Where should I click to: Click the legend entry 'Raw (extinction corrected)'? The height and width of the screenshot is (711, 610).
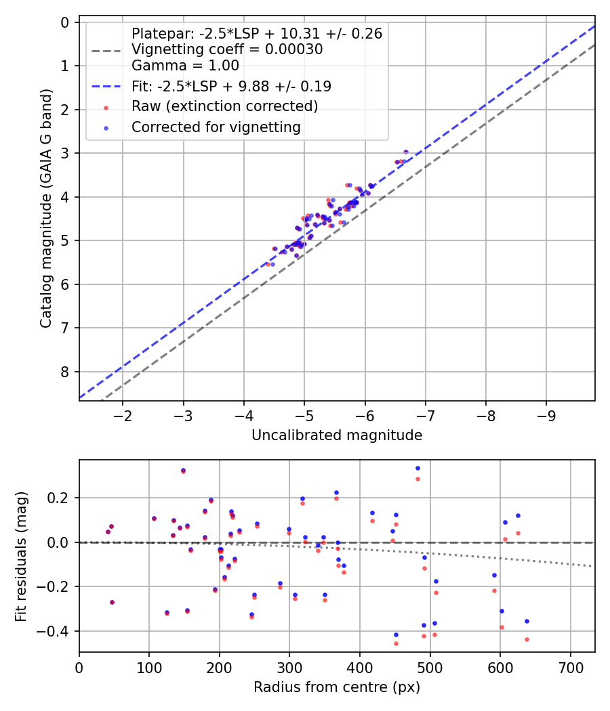coord(224,106)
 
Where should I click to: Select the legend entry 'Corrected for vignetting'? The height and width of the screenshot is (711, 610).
coord(216,127)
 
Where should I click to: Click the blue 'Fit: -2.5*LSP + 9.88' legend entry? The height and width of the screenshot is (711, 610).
coord(231,86)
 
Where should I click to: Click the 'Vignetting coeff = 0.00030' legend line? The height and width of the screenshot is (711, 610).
coord(226,49)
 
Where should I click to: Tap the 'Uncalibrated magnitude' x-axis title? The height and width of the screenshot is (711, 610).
coord(337,435)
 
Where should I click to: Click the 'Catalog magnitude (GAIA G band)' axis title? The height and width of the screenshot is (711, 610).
coord(46,211)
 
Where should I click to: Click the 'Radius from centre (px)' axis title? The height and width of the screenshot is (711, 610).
coord(337,687)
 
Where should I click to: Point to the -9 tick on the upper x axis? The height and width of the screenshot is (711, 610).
coord(546,414)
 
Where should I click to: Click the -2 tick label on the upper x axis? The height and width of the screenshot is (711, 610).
coord(123,414)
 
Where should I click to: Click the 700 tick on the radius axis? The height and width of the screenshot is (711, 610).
coord(570,666)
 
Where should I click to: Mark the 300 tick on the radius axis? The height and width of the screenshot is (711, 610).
coord(289,666)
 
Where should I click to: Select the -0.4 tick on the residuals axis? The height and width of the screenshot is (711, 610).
coord(57,631)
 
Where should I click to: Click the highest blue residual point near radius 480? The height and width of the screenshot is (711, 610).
coord(418,468)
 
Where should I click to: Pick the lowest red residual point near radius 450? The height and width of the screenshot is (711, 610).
coord(396,643)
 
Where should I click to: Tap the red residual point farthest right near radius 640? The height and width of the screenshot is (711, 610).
coord(527,639)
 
